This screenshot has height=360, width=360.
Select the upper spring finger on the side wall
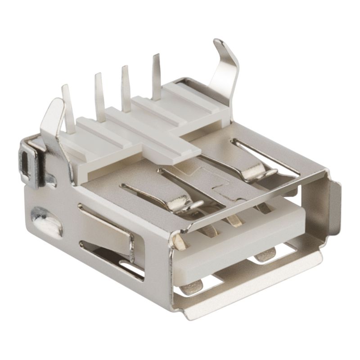click(108, 225)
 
